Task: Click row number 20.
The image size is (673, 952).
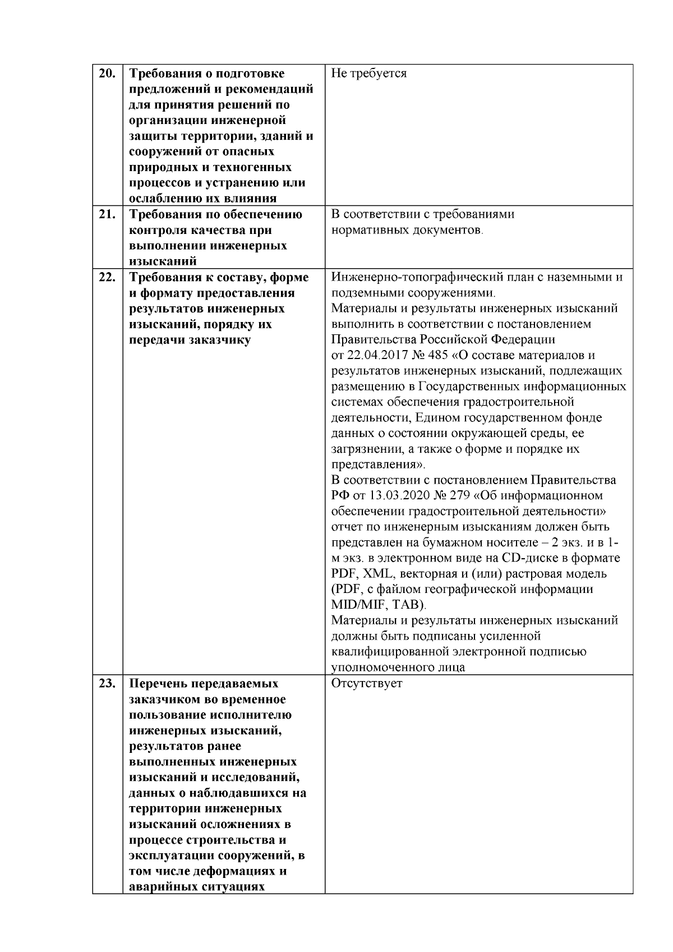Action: pos(107,73)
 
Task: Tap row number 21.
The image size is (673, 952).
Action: pos(107,214)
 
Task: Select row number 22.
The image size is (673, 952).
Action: pos(107,277)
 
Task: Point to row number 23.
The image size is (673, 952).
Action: pos(107,684)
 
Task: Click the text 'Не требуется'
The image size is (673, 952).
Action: pos(368,73)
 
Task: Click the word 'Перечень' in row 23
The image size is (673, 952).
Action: pos(156,684)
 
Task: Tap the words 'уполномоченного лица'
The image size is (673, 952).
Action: pos(398,668)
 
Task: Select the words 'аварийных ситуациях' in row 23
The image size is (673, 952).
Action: pos(197,887)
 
